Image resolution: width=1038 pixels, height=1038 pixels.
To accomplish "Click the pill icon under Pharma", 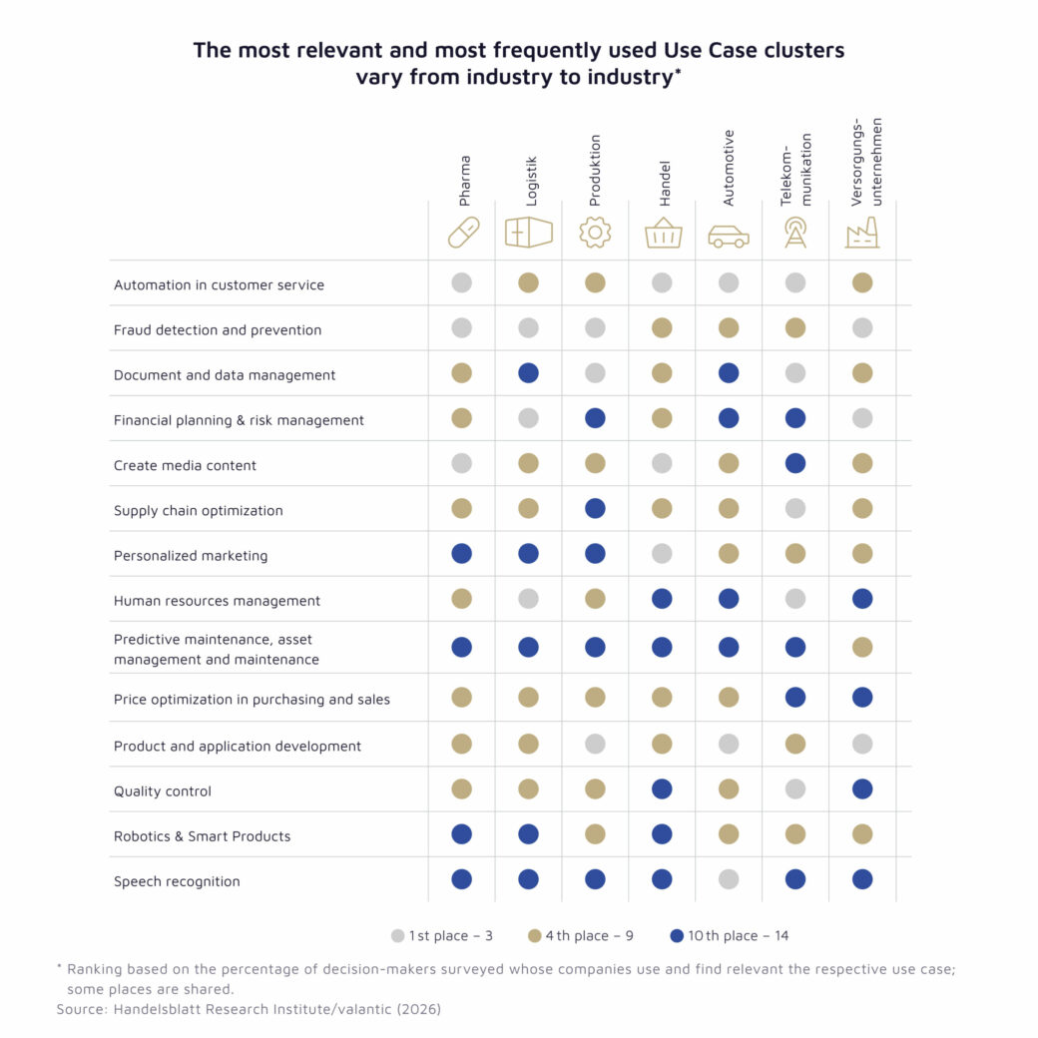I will point(462,233).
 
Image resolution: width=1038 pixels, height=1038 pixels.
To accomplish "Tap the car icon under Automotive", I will point(728,237).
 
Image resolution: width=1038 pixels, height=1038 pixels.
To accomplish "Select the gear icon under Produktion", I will point(595,233).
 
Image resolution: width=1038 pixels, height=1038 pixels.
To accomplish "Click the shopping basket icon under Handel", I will point(663,233).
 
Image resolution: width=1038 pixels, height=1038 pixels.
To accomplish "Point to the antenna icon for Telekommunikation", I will point(795,233).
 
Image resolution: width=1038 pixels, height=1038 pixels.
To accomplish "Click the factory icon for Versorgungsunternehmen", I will point(861,233).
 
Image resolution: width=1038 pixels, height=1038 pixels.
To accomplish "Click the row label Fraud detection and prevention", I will point(218,329).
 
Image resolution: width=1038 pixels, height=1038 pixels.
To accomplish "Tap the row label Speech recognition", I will point(177,881).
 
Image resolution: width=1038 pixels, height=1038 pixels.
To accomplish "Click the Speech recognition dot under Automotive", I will point(729,879).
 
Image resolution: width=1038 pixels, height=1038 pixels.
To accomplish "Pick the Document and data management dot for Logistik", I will point(529,373).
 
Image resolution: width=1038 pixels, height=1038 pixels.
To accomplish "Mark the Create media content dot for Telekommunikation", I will point(795,463).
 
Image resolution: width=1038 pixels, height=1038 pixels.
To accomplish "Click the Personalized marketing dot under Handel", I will point(662,554).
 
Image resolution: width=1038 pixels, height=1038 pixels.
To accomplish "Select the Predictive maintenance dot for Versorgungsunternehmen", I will point(862,647).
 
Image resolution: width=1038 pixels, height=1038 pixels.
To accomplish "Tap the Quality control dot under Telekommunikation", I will point(795,789).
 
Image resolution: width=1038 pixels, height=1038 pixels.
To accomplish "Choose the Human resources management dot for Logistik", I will point(529,599).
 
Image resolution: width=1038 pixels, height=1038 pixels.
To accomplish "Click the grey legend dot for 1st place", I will point(398,936).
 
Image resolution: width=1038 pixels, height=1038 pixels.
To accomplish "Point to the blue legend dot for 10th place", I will point(678,936).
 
